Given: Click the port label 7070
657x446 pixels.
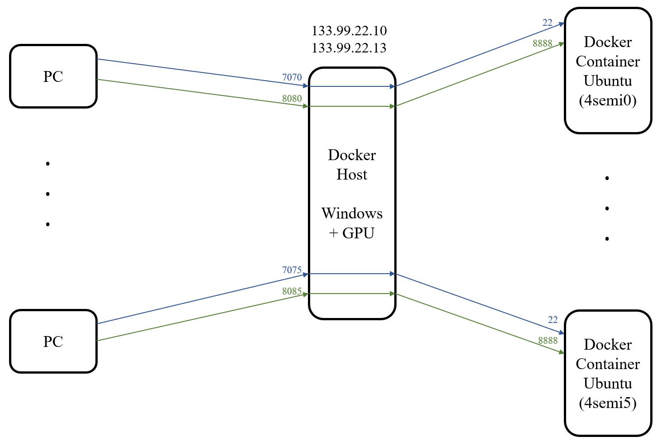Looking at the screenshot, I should pos(292,77).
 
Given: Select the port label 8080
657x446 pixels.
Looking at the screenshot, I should pos(292,99).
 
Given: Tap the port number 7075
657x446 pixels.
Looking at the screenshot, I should pos(292,270).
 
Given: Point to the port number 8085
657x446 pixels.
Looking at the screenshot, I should pos(292,291).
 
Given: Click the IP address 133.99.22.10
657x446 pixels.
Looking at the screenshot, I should pos(349,31).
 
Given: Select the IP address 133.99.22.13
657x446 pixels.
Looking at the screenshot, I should pos(349,48).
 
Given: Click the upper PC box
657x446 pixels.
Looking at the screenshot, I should pos(53,76).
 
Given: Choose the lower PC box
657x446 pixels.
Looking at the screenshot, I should pos(53,342).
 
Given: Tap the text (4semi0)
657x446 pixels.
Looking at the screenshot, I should pos(608,100).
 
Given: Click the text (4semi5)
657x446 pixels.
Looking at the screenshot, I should pos(608,403).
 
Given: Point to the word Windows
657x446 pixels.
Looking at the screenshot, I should pos(352,214).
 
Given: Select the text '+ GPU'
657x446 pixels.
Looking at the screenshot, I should pos(352,233).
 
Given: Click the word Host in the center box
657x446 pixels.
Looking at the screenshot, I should pos(352,175).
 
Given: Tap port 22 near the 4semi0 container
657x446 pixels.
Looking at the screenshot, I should pos(548,23).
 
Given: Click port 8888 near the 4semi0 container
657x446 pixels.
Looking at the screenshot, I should pos(543,43).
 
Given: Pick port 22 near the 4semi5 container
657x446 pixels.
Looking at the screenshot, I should pos(553,320).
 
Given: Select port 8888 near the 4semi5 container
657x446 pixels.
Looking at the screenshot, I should pos(548,341).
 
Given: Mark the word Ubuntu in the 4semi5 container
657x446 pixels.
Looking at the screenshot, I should pos(608,384).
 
